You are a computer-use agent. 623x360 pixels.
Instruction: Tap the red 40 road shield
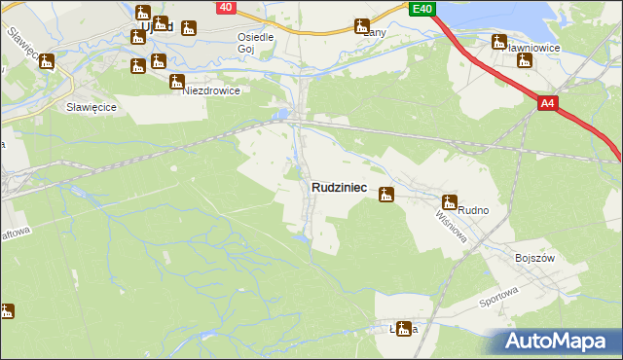coord(225,7)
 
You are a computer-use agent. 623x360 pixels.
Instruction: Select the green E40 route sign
coord(421,9)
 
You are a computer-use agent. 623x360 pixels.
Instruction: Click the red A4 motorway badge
coord(547,102)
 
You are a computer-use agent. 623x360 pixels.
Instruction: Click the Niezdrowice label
coord(211,90)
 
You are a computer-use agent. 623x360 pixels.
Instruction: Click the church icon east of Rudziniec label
coord(386,195)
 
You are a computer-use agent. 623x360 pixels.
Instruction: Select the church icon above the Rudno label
coord(449,202)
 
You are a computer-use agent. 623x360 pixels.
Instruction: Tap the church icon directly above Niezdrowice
coord(176,82)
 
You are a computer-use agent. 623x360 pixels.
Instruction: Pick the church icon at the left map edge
coord(7,311)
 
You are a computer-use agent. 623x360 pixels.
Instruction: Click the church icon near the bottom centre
coord(403,329)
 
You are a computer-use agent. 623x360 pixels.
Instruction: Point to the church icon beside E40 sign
coord(362,26)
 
